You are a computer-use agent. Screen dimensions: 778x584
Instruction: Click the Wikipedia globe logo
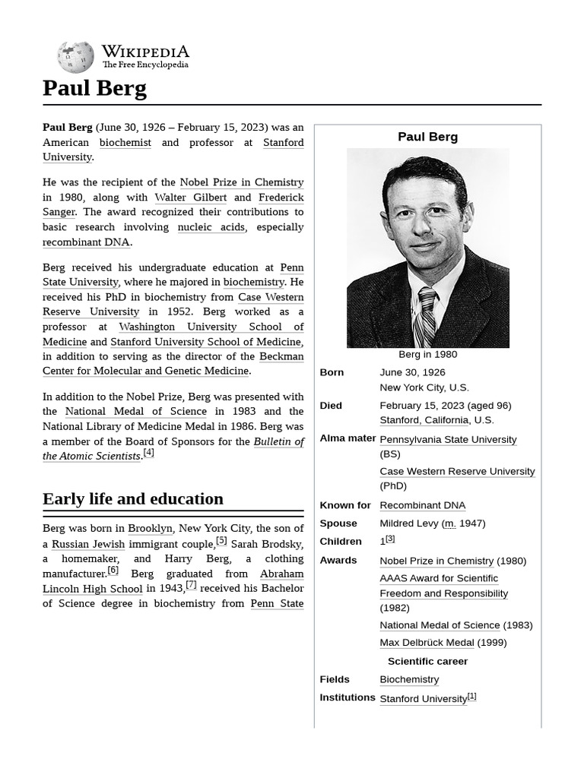coord(75,57)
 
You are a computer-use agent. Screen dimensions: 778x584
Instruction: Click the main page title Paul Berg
coord(94,88)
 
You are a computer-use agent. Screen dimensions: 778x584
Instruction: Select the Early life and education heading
coord(133,499)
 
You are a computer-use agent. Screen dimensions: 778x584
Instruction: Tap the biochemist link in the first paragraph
coord(125,142)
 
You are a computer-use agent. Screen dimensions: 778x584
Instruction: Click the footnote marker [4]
coord(148,453)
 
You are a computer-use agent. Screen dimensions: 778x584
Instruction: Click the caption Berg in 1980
coord(427,354)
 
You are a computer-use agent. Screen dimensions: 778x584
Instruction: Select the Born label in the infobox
coord(332,372)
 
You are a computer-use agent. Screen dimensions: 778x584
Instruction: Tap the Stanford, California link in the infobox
coord(424,420)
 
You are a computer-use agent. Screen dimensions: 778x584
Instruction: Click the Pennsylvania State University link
coord(448,439)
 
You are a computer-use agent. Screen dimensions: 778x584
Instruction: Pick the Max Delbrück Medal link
coord(427,643)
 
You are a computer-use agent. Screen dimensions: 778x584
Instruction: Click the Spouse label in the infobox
coord(338,523)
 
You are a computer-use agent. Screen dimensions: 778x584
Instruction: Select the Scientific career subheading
coord(427,661)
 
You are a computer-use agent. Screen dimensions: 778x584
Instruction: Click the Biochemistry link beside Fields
coord(409,679)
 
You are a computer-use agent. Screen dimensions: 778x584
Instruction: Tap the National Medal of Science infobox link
coord(440,625)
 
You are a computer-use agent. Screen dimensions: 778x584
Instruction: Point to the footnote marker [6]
coord(113,570)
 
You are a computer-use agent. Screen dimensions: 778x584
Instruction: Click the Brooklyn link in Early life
coord(150,529)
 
